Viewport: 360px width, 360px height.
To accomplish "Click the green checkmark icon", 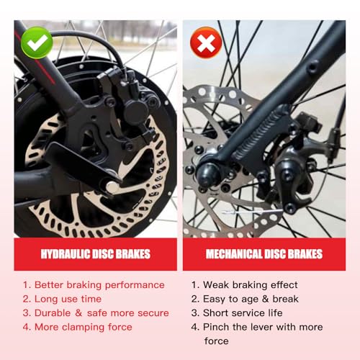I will click(37, 43).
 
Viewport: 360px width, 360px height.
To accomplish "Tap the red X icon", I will click(206, 43).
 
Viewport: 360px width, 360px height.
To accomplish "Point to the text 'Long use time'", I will click(68, 298).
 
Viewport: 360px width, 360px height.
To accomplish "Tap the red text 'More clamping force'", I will click(83, 327).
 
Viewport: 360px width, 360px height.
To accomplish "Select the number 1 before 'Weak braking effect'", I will click(194, 284).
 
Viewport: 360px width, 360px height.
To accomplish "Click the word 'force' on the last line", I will click(217, 341).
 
